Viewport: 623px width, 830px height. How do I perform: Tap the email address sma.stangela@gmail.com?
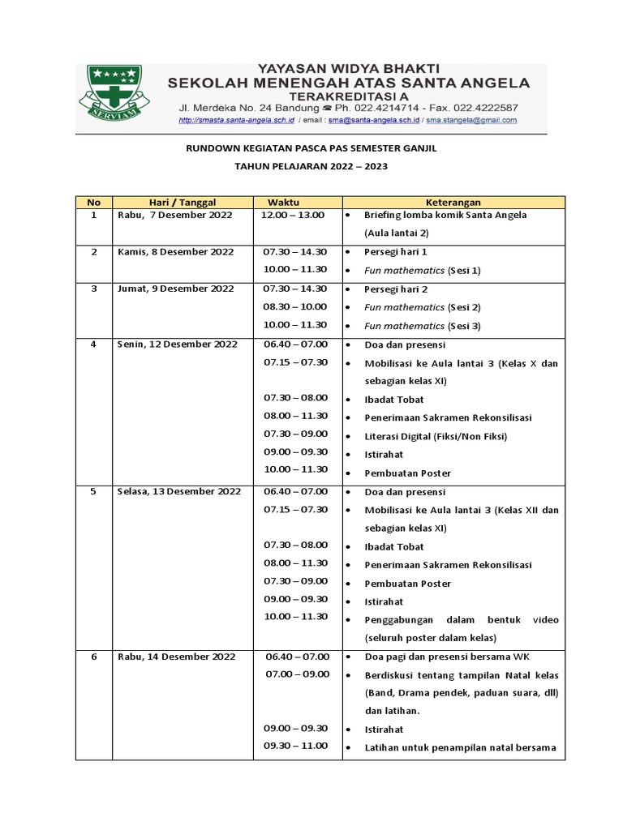tap(472, 120)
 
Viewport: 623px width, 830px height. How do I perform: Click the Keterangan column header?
tap(453, 202)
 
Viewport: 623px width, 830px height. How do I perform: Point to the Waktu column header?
tap(294, 202)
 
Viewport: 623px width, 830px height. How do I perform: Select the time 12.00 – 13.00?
tap(293, 215)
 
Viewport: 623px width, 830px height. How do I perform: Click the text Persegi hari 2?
tap(396, 289)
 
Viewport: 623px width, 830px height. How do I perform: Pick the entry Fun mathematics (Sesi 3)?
tap(423, 326)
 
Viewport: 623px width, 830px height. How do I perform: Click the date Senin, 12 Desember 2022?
tap(178, 344)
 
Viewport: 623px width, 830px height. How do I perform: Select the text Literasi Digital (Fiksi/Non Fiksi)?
tap(436, 436)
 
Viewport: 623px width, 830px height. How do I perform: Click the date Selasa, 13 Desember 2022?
tap(179, 491)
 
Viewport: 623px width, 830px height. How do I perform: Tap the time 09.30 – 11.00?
tap(296, 746)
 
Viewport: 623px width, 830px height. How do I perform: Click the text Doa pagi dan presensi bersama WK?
tap(447, 657)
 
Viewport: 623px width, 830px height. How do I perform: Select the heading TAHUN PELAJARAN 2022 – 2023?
tap(311, 166)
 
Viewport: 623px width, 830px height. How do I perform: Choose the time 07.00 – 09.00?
tap(298, 674)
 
